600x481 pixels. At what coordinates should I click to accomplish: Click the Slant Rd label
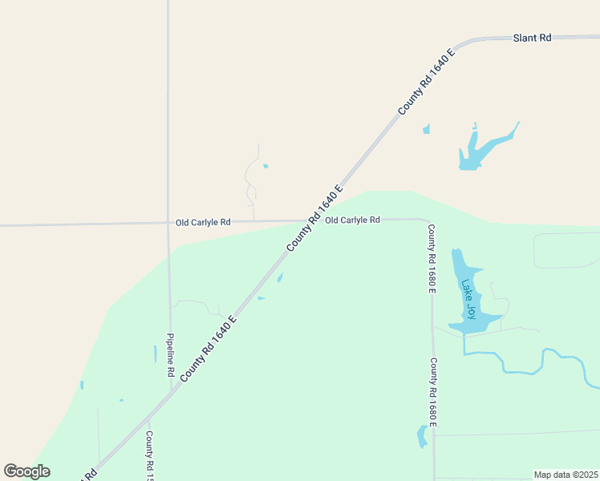pos(533,38)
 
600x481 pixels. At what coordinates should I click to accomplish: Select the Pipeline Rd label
pos(170,355)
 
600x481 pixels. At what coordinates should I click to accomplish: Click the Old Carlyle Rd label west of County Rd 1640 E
pos(203,222)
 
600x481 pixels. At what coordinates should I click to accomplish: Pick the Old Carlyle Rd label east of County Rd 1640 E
pos(352,220)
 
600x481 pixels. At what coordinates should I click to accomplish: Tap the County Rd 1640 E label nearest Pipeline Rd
pos(208,348)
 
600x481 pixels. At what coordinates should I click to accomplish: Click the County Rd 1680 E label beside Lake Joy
pos(431,259)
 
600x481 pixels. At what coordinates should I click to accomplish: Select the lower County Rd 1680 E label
pos(432,392)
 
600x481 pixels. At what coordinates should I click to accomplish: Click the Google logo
pos(26,471)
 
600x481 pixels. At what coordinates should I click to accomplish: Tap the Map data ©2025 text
pos(566,475)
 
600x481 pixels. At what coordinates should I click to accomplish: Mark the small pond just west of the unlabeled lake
pos(427,129)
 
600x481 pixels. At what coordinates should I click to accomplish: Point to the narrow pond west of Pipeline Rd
pos(155,354)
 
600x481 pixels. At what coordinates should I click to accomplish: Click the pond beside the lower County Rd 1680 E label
pos(422,436)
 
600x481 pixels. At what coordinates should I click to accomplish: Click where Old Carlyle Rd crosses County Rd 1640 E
pos(310,220)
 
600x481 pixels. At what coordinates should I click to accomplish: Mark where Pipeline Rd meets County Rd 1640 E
pos(171,390)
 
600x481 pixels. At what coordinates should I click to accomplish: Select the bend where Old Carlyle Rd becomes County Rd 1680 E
pos(428,222)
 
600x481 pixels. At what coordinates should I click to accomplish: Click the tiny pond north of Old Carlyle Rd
pos(266,167)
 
